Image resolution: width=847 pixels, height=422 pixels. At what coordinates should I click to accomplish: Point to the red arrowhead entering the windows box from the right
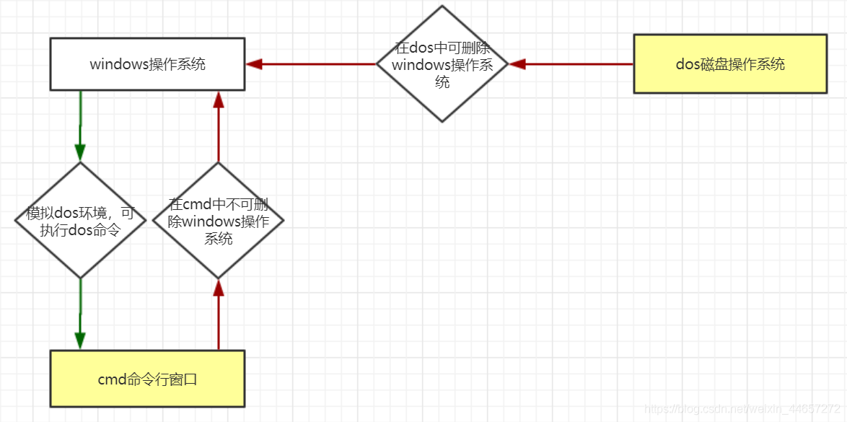coord(253,64)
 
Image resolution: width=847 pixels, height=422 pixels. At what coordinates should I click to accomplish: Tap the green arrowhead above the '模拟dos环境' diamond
coord(80,152)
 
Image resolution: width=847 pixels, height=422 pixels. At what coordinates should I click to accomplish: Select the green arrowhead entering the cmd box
coord(80,340)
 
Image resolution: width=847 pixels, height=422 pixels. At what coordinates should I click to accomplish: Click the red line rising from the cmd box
coord(218,325)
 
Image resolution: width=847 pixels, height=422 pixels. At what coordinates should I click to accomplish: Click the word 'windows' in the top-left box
coord(118,64)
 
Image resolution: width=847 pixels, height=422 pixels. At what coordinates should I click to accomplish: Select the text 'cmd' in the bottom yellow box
coord(111,379)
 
